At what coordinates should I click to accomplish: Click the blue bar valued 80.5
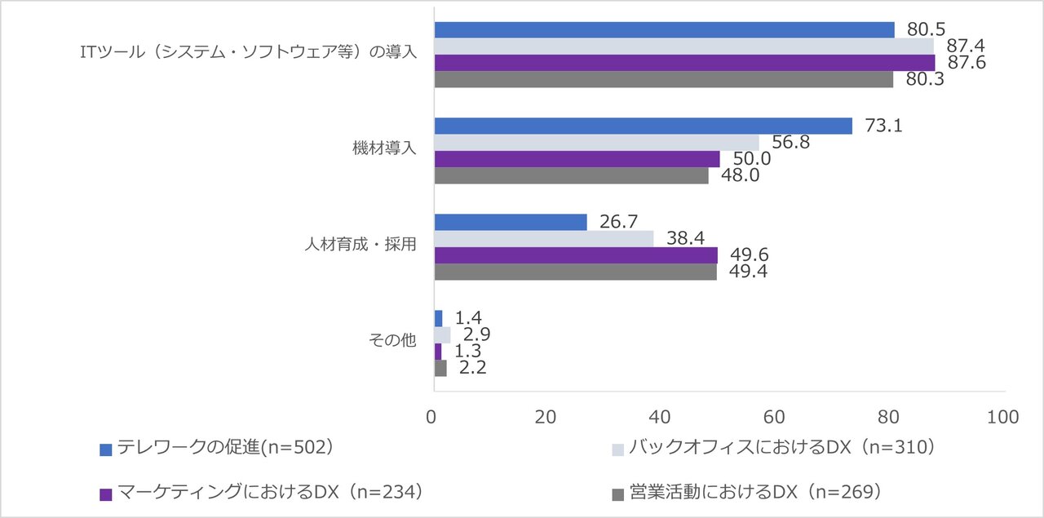click(664, 30)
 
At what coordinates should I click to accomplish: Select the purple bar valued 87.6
click(684, 63)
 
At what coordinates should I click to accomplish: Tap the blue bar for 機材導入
click(643, 126)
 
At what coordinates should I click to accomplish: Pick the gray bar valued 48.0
click(571, 175)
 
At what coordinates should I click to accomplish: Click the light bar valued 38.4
click(543, 238)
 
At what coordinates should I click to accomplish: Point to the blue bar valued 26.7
click(511, 222)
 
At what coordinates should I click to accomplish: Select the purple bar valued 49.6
click(576, 255)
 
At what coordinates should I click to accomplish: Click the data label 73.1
click(883, 126)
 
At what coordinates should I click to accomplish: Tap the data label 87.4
click(965, 46)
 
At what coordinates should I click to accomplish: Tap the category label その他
click(393, 342)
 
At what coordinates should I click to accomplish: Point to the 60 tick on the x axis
click(773, 417)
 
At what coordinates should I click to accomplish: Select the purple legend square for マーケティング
click(105, 494)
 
